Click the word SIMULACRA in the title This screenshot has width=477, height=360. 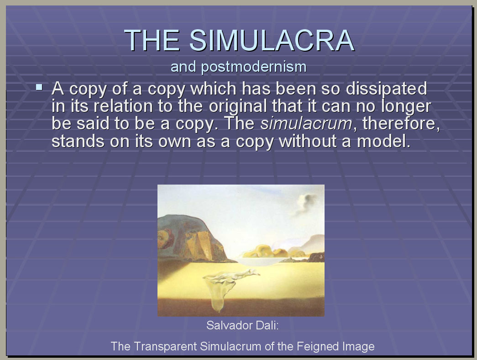tap(272, 40)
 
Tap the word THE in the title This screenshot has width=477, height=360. tap(152, 40)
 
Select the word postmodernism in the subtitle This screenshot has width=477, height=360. tap(254, 67)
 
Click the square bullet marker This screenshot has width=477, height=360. tap(39, 87)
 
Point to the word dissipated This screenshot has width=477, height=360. tap(386, 89)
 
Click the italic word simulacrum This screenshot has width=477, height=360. tap(306, 123)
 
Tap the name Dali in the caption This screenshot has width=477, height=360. tap(267, 325)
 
